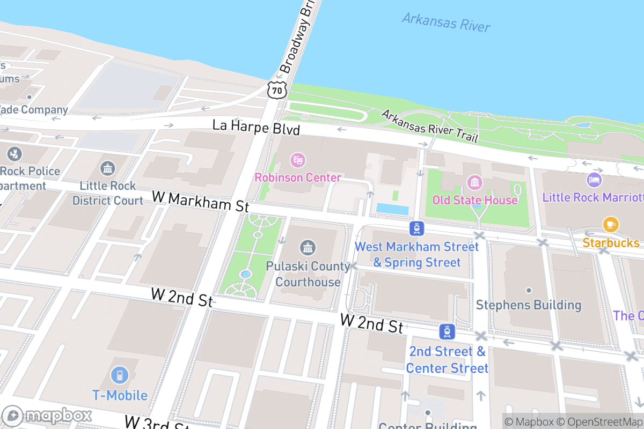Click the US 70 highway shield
pyautogui.click(x=277, y=90)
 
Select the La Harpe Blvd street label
pyautogui.click(x=256, y=127)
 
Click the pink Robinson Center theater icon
pyautogui.click(x=297, y=160)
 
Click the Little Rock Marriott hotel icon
pyautogui.click(x=594, y=180)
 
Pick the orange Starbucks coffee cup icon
pyautogui.click(x=610, y=224)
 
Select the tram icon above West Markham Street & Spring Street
pyautogui.click(x=416, y=229)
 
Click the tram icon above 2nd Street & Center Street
pyautogui.click(x=447, y=332)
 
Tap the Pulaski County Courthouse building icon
pyautogui.click(x=308, y=248)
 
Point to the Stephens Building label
pyautogui.click(x=529, y=305)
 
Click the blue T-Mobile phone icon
pyautogui.click(x=120, y=376)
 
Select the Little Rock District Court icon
pyautogui.click(x=108, y=168)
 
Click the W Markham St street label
pyautogui.click(x=201, y=201)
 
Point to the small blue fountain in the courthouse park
pyautogui.click(x=245, y=274)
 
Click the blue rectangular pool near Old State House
pyautogui.click(x=392, y=208)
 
